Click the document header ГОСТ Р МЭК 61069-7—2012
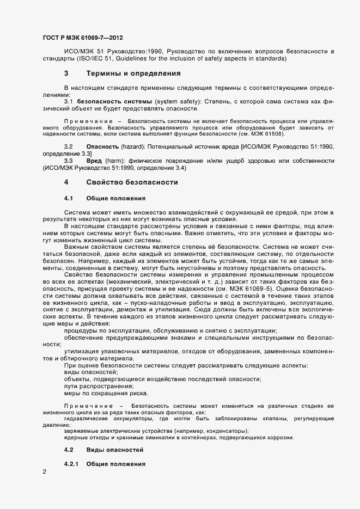[82, 38]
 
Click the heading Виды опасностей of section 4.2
[115, 450]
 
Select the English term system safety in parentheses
[175, 101]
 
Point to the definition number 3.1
[69, 101]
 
